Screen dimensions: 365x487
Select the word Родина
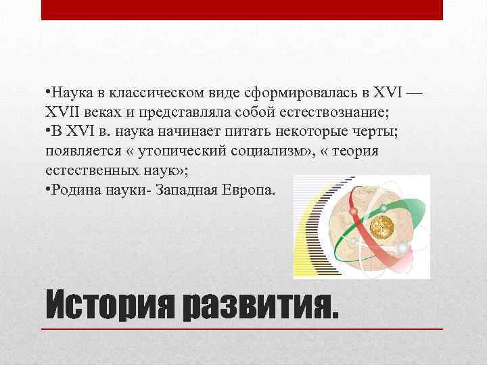(73, 190)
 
